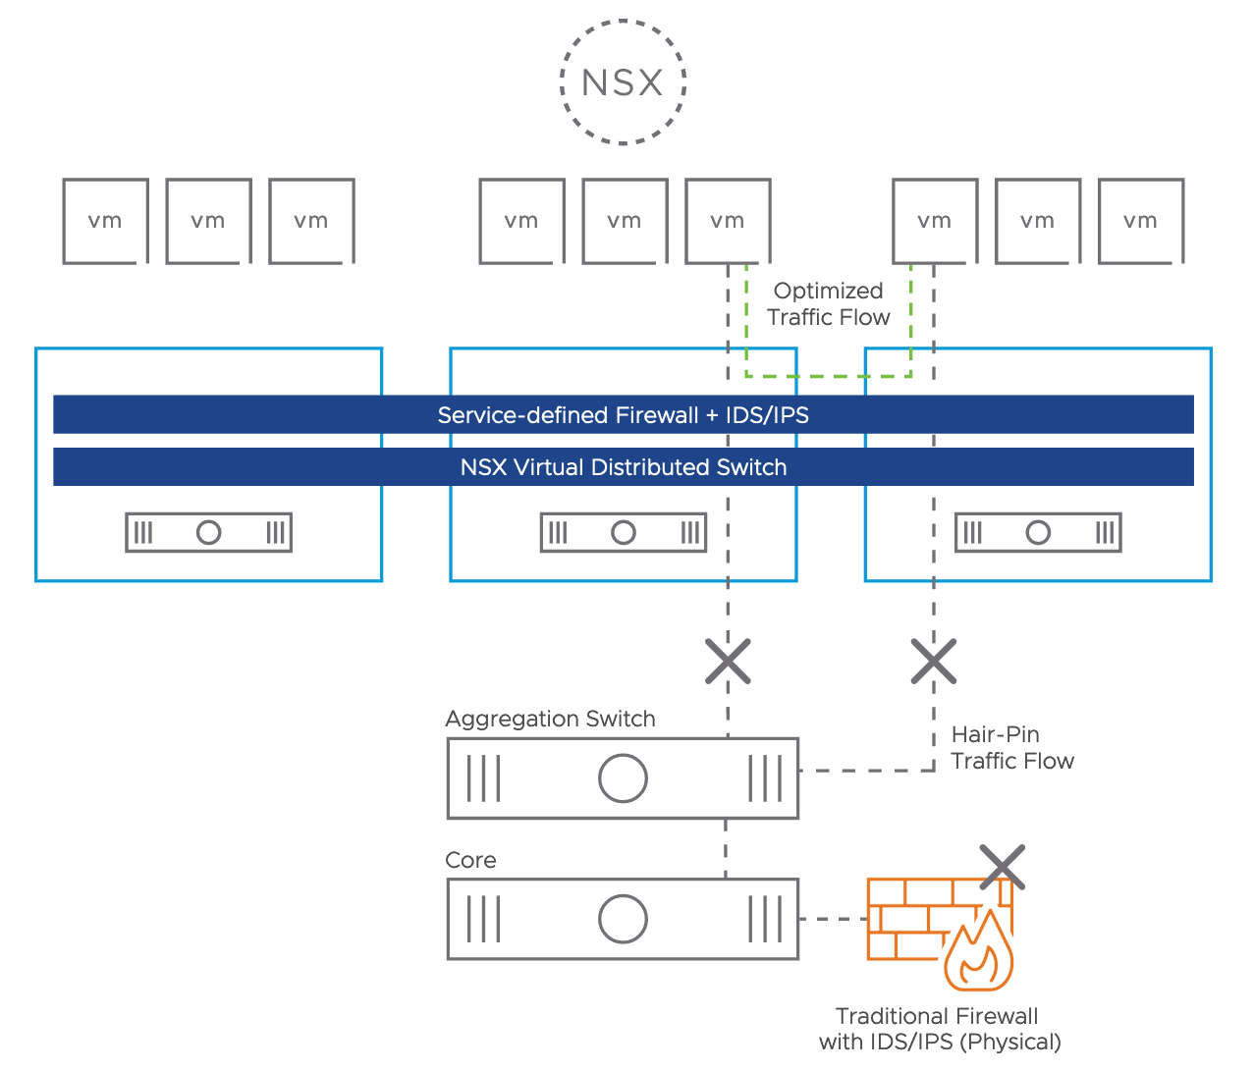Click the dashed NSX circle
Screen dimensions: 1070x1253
(623, 82)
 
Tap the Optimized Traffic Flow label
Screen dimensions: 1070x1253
(828, 304)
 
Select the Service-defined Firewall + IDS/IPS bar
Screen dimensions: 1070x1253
(623, 415)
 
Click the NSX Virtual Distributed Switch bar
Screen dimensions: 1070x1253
(623, 467)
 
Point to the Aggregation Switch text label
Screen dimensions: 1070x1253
(550, 719)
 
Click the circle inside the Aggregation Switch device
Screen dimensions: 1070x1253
(623, 778)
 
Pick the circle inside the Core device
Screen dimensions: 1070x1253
(623, 919)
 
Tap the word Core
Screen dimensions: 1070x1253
(470, 860)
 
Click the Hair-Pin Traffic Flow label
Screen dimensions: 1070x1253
(1011, 747)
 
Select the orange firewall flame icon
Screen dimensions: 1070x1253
(978, 953)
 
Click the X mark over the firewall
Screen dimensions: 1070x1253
(1003, 867)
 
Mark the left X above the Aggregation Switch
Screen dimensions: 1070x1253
(728, 661)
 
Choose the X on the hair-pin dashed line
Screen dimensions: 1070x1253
(933, 661)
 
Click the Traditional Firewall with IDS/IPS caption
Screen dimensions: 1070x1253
(939, 1029)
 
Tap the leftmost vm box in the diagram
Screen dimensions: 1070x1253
(105, 221)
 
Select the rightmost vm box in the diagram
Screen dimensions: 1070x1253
(1140, 221)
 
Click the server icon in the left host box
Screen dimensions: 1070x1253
(208, 532)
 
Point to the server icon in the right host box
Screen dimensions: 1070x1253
(1037, 532)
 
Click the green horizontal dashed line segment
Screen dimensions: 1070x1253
(828, 376)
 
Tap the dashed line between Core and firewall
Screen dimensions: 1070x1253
(833, 919)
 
